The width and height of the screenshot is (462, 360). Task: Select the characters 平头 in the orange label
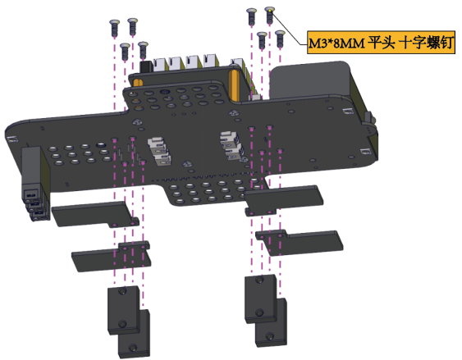382,43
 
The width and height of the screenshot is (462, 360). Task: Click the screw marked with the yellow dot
270,15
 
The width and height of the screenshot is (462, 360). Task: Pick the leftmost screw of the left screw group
114,28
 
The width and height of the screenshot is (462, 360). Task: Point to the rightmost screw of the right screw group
280,39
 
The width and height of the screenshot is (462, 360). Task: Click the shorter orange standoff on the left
138,83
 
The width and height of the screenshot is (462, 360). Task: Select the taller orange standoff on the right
234,84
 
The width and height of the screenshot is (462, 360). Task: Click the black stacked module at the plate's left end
34,183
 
